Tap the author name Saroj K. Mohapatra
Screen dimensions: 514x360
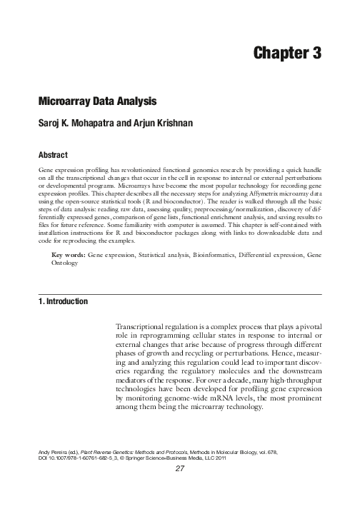[x=81, y=123]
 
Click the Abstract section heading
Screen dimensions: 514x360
[x=53, y=155]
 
